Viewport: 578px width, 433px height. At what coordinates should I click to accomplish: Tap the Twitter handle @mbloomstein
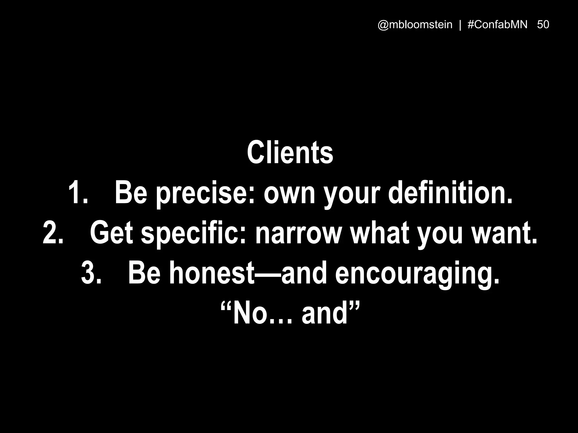[x=415, y=25]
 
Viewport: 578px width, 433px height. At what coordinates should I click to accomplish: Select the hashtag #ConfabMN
[x=497, y=25]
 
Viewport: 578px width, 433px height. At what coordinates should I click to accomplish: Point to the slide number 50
[x=543, y=25]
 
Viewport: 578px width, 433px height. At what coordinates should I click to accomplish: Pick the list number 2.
[x=53, y=233]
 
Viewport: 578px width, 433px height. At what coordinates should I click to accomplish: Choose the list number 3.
[x=91, y=273]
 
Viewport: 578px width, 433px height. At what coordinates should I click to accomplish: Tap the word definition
[x=450, y=193]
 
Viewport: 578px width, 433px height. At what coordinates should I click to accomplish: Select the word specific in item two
[x=194, y=234]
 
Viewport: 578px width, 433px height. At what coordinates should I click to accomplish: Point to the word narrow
[x=298, y=234]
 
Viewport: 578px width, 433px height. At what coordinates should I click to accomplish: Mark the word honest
[x=212, y=273]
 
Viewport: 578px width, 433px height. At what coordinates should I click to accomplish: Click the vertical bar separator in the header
[x=460, y=25]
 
